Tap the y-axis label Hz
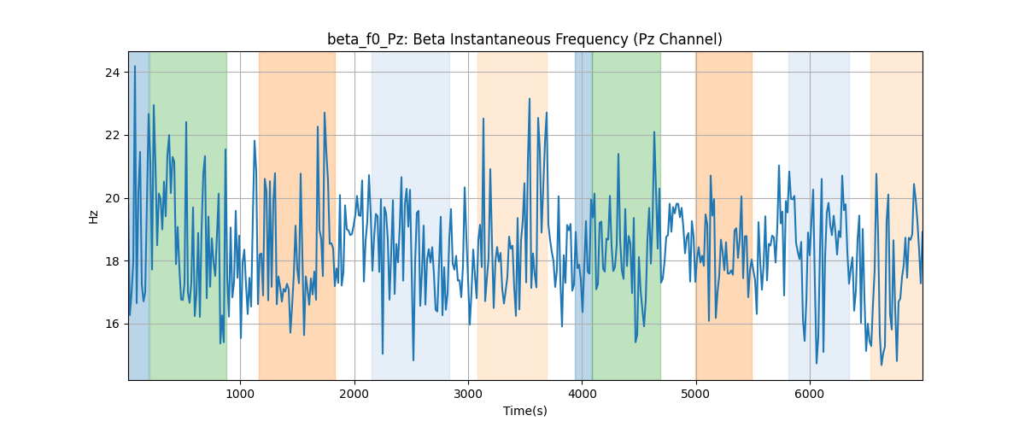click(x=93, y=217)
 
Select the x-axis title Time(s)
click(x=524, y=411)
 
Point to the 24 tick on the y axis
click(x=113, y=73)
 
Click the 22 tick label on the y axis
click(x=113, y=136)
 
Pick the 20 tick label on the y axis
click(x=113, y=198)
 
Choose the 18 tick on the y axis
click(x=113, y=261)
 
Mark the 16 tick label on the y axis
click(x=113, y=324)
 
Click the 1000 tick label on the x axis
click(x=240, y=394)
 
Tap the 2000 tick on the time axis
click(x=354, y=394)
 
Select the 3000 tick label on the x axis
click(x=468, y=394)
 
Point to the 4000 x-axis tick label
click(x=582, y=394)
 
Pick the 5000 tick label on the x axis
click(x=696, y=394)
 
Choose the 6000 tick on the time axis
click(x=810, y=394)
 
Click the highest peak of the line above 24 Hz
click(x=135, y=67)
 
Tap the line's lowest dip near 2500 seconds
click(x=413, y=360)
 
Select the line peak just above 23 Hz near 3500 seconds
click(x=530, y=98)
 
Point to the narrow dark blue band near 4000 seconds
click(x=583, y=215)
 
